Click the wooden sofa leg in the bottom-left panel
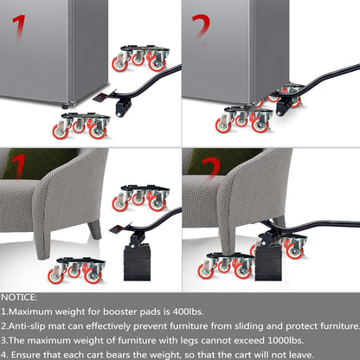pyautogui.click(x=94, y=229)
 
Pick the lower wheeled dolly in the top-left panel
pyautogui.click(x=82, y=125)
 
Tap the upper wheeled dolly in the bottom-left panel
pyautogui.click(x=140, y=198)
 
